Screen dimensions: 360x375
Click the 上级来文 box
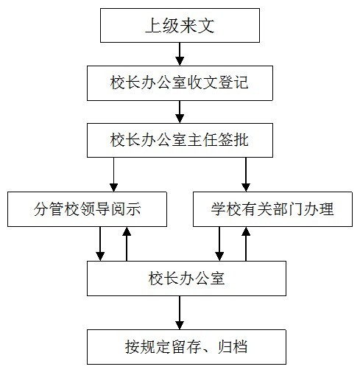point(180,25)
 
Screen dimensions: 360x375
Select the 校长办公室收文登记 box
point(180,83)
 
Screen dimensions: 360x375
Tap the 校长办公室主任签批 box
point(180,140)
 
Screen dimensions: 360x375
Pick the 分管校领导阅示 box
point(87,209)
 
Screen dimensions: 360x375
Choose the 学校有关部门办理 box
point(272,209)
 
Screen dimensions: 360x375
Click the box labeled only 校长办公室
point(186,278)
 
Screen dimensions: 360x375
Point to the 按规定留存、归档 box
point(186,347)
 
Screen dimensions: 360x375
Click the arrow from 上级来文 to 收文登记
point(180,54)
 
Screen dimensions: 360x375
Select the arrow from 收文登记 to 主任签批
point(180,112)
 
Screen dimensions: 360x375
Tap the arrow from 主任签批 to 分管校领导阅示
point(113,175)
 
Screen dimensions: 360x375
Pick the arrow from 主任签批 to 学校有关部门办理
point(246,175)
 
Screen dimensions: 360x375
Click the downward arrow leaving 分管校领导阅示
point(100,244)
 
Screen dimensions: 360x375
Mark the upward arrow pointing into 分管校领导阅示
point(127,244)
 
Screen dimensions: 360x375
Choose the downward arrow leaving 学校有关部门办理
point(219,244)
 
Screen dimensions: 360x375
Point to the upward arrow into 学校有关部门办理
point(246,244)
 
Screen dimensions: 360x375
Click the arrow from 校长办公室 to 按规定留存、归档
point(180,312)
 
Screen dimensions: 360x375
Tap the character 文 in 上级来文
point(206,26)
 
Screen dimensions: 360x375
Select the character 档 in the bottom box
point(240,347)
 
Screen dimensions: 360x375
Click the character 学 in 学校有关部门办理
point(219,209)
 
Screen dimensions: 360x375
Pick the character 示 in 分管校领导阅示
point(134,209)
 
